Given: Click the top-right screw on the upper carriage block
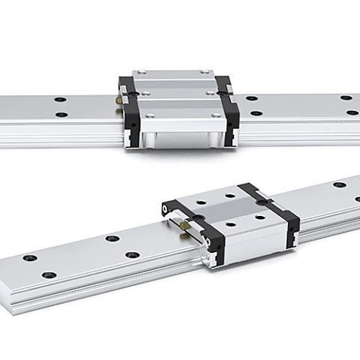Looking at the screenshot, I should pos(208,73).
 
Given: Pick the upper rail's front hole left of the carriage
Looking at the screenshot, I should pos(61,115).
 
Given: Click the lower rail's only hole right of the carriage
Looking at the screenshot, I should pos(340,184).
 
